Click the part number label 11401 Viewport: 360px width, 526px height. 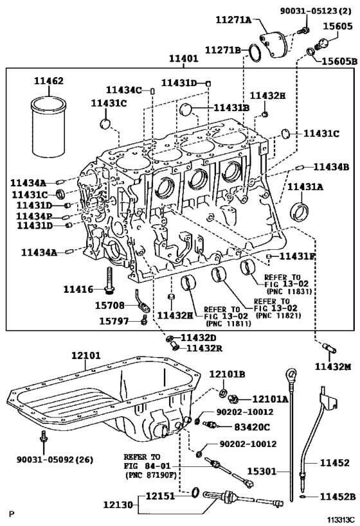pyautogui.click(x=184, y=59)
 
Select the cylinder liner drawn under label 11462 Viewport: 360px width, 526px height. pyautogui.click(x=48, y=121)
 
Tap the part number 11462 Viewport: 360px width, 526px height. pyautogui.click(x=48, y=82)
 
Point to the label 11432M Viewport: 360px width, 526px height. pyautogui.click(x=333, y=366)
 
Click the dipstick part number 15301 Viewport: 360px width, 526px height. pyautogui.click(x=259, y=471)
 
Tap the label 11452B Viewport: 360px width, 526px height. pyautogui.click(x=336, y=496)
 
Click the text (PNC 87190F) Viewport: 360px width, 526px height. pyautogui.click(x=152, y=476)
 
